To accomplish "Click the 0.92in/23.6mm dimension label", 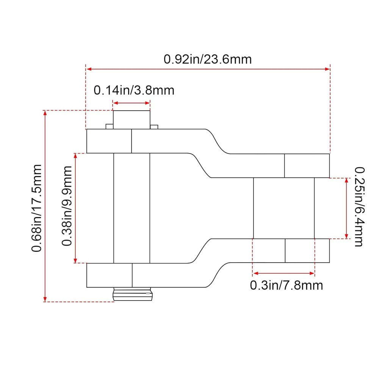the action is [208, 59].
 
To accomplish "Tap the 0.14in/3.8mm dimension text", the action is [134, 91].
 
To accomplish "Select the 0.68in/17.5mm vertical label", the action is [37, 208].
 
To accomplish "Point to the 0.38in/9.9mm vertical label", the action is [67, 206].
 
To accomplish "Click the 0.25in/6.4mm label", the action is [359, 207].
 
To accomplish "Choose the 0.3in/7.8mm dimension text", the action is [287, 285].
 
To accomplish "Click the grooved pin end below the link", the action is [133, 294].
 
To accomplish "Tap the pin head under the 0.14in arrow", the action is [132, 120].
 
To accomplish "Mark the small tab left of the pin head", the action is [110, 127].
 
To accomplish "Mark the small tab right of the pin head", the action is [154, 127].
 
